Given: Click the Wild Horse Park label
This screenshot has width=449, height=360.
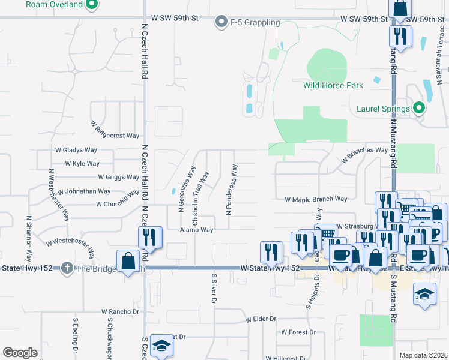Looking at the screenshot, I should pos(333,85).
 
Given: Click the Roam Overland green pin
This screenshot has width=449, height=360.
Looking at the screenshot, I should pos(91,5).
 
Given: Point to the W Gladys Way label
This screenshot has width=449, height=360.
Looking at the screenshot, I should pos(76,150).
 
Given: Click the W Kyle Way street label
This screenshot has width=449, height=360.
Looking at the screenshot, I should pos(82,163).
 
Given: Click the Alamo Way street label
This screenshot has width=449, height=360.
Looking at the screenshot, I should pos(197,230).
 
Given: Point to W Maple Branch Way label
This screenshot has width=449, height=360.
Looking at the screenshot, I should pos(316,199).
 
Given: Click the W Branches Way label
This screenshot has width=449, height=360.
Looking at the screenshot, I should pos(365,155).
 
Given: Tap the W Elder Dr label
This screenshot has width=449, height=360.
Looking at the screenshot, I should pos(261,319).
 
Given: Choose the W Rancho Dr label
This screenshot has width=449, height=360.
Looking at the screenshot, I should pos(120,311).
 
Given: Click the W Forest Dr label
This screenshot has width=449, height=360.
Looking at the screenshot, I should pos(298,332).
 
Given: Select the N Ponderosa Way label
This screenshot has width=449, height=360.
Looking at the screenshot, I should pos(232,189).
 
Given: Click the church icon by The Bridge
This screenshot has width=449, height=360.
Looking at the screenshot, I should pos(67,268).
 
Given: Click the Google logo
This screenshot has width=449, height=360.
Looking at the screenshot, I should pos(20,353).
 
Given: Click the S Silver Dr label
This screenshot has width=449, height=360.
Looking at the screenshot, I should pos(212,288).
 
